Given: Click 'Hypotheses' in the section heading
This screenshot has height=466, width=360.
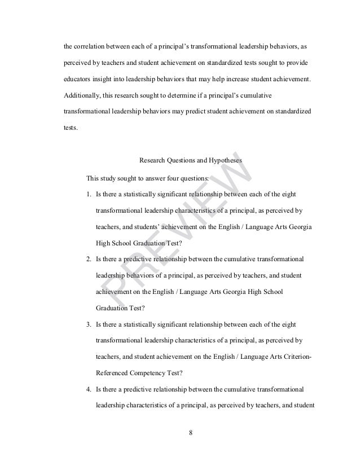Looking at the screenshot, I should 223,161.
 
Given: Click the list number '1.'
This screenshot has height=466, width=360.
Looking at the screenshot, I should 90,194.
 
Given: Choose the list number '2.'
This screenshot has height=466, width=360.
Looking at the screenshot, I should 90,260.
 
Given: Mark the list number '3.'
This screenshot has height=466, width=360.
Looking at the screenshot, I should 90,324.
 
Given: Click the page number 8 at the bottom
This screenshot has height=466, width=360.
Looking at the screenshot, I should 190,433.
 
